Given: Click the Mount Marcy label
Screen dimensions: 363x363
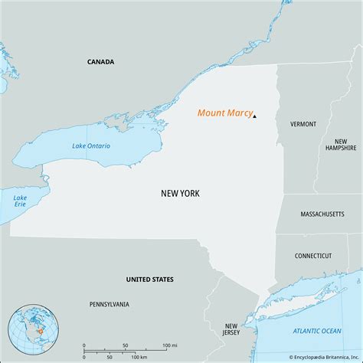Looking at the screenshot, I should point(224,113).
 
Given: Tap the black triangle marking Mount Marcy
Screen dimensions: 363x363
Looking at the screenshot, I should point(254,116).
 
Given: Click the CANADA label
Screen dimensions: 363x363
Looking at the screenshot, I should point(100,61).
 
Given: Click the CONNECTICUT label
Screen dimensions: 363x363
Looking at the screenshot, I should point(313,256).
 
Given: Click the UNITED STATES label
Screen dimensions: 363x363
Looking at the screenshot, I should point(149,280).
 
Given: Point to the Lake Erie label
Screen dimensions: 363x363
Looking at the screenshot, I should point(20,202).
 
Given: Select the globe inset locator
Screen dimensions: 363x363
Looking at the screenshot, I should point(29,330).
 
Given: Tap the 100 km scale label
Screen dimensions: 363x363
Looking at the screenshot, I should point(139,357).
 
